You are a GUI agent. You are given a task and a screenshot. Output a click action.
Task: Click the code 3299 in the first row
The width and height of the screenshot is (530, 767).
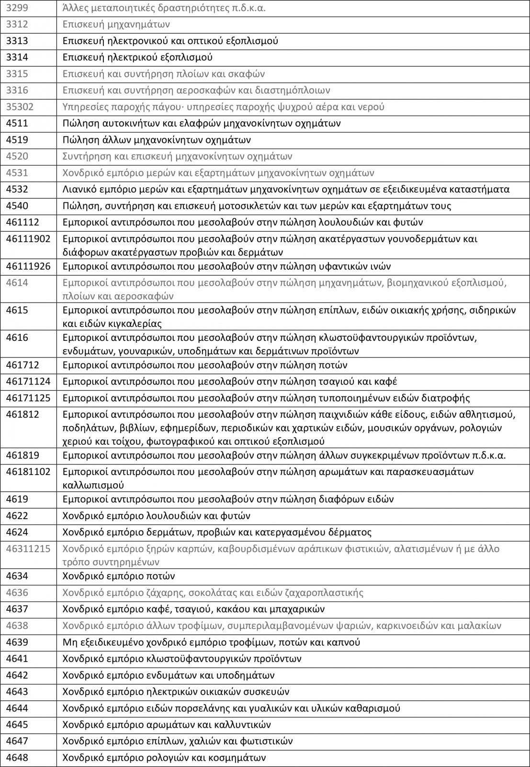17,8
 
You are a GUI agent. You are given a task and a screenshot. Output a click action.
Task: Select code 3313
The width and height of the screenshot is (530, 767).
17,41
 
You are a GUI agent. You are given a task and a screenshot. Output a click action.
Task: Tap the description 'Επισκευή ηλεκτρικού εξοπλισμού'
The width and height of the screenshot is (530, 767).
137,58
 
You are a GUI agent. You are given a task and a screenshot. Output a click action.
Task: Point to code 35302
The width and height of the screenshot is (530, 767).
20,106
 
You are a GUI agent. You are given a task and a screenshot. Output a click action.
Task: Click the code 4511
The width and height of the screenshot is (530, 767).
17,123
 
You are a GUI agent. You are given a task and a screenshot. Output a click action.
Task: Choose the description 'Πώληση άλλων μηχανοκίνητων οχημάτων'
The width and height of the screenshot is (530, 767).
157,140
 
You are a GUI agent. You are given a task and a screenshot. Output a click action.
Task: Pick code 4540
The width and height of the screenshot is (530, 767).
17,206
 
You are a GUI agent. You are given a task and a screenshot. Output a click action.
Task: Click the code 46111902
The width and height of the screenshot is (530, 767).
28,239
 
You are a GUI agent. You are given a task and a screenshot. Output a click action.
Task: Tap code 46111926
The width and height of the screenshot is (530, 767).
28,267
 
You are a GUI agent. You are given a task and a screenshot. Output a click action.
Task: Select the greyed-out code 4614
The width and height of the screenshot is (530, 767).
17,283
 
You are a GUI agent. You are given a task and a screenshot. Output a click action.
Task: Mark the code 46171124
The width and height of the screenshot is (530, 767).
28,382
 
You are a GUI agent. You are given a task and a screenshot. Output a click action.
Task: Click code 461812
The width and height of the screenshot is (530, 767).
23,414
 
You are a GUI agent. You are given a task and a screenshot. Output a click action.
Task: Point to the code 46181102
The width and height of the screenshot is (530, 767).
28,471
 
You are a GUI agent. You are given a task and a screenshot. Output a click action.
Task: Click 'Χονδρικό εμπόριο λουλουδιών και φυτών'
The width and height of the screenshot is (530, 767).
157,516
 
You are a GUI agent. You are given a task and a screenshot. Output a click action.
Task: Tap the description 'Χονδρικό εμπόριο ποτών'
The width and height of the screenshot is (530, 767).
119,576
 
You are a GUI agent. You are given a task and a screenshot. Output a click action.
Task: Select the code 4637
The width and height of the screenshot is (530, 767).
17,609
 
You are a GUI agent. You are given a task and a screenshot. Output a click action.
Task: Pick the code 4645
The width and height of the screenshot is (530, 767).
17,724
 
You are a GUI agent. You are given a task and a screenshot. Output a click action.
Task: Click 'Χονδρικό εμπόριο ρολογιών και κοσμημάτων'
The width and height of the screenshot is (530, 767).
164,758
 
